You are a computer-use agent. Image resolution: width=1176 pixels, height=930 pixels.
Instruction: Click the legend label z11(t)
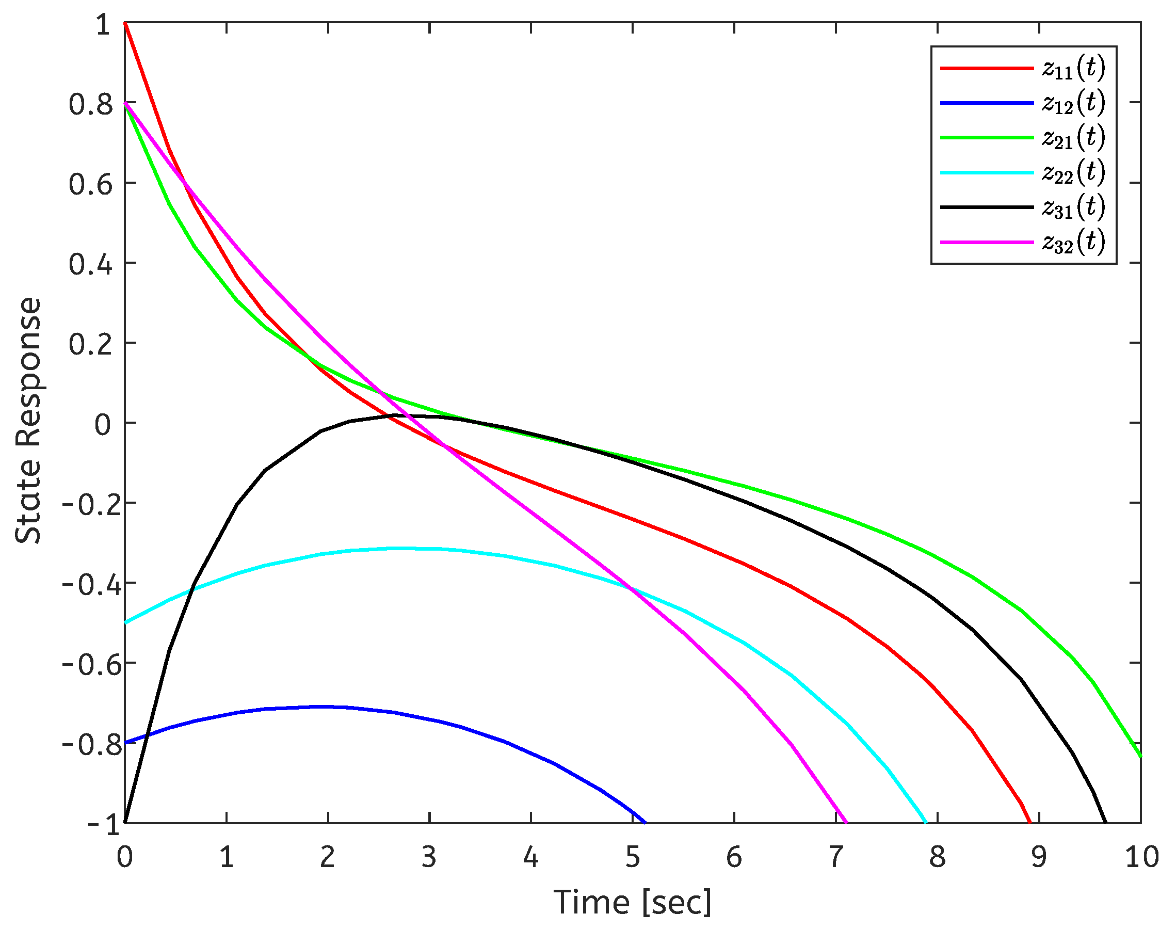[x=1073, y=68]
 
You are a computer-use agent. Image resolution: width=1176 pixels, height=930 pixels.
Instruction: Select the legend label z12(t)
[x=1073, y=103]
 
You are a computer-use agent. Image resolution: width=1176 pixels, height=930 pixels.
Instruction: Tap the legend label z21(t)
[x=1073, y=138]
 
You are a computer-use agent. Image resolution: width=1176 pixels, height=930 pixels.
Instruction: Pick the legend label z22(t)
[x=1073, y=172]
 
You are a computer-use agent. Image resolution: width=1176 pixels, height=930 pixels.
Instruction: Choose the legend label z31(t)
[x=1073, y=207]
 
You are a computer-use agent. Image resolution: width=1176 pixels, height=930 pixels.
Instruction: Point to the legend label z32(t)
[x=1073, y=242]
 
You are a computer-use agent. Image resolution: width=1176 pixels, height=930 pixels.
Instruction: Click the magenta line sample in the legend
[x=987, y=242]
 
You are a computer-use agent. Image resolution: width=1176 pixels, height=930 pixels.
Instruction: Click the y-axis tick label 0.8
[x=90, y=105]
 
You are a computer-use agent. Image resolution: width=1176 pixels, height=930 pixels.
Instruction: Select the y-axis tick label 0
[x=103, y=425]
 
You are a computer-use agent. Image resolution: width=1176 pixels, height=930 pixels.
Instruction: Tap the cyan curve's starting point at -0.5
[x=125, y=622]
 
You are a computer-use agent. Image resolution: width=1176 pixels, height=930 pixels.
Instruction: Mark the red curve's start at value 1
[x=125, y=23]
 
